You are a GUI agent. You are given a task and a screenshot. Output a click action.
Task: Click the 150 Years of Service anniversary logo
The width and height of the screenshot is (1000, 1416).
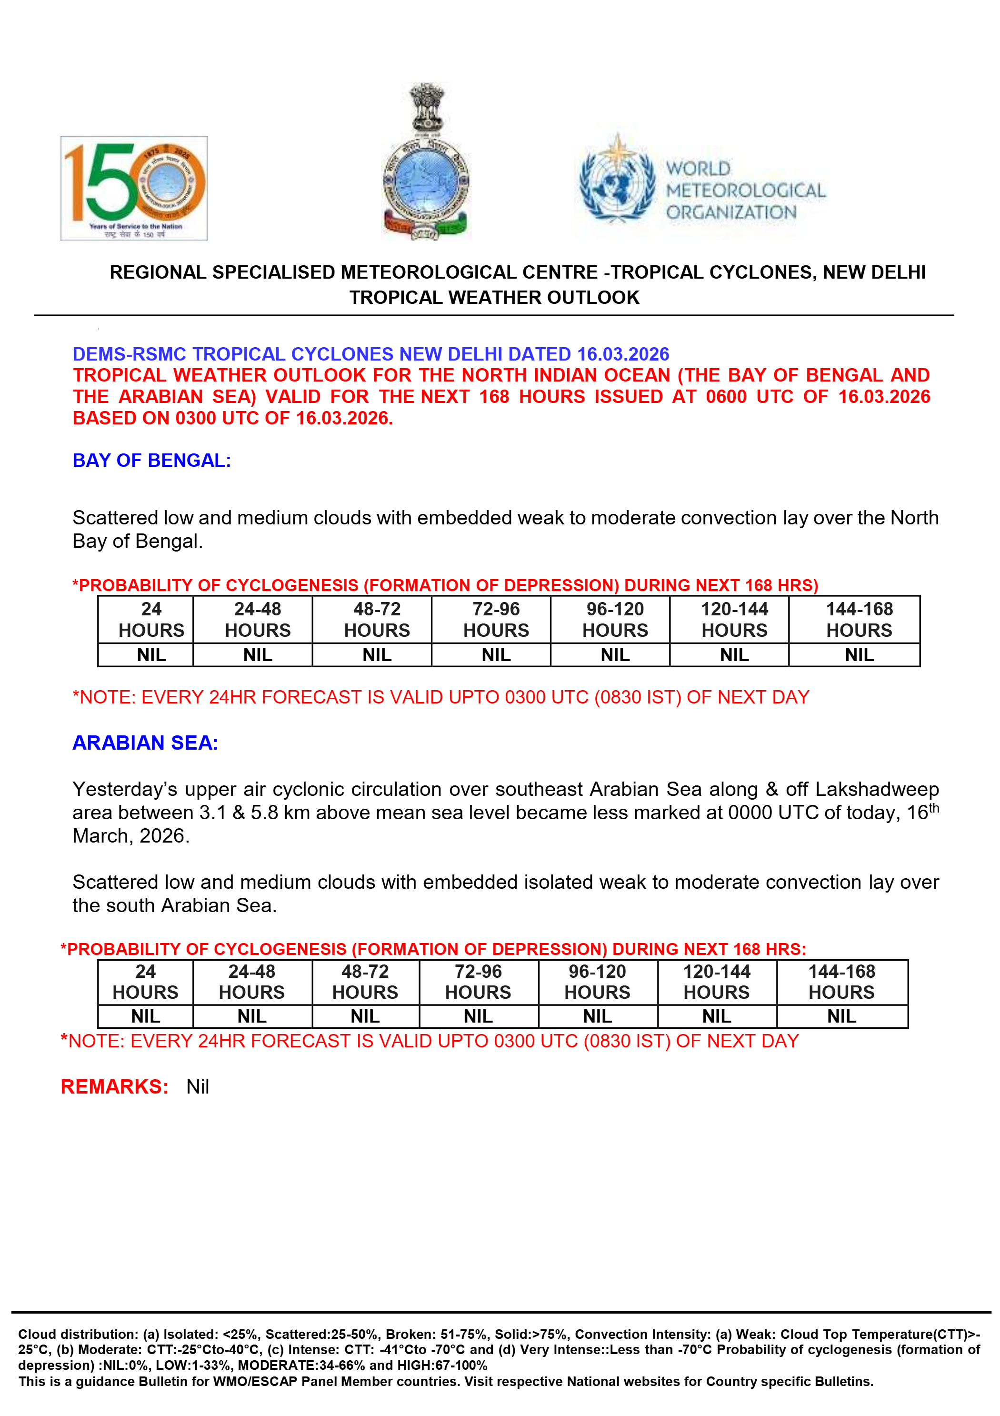pos(134,188)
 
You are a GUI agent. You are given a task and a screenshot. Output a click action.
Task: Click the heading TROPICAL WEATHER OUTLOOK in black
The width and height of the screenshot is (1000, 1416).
pos(494,297)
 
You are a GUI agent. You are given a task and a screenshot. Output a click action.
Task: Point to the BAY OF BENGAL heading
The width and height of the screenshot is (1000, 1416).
pos(151,460)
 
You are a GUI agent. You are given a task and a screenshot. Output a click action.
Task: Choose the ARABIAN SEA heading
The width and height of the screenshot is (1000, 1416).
pos(146,743)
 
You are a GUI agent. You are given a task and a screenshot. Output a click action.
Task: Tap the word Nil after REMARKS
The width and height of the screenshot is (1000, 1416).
pos(198,1087)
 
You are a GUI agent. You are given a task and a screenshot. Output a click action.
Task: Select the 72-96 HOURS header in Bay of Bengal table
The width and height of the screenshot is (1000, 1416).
pos(496,619)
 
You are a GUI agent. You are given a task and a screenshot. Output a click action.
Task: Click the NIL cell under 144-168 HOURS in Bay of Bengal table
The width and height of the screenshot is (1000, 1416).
pos(859,655)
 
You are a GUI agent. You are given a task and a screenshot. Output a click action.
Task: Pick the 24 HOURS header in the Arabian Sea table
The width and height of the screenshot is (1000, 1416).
pos(146,982)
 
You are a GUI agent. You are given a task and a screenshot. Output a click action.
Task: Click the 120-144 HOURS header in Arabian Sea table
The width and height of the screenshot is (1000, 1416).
pos(716,982)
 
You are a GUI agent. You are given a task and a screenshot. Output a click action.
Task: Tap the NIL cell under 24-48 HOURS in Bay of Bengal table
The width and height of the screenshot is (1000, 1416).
pos(258,655)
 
